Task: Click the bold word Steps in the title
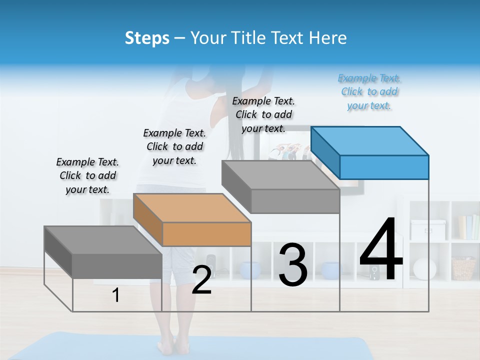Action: coord(147,38)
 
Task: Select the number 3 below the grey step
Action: coord(293,265)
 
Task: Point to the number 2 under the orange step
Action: coord(201,280)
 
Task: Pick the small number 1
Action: coord(116,295)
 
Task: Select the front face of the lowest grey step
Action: coord(117,265)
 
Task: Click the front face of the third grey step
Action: coord(295,201)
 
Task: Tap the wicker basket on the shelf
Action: coord(463,268)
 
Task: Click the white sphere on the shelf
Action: coord(424,269)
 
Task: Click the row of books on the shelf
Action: coord(468,227)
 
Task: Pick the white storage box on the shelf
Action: coord(428,229)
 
